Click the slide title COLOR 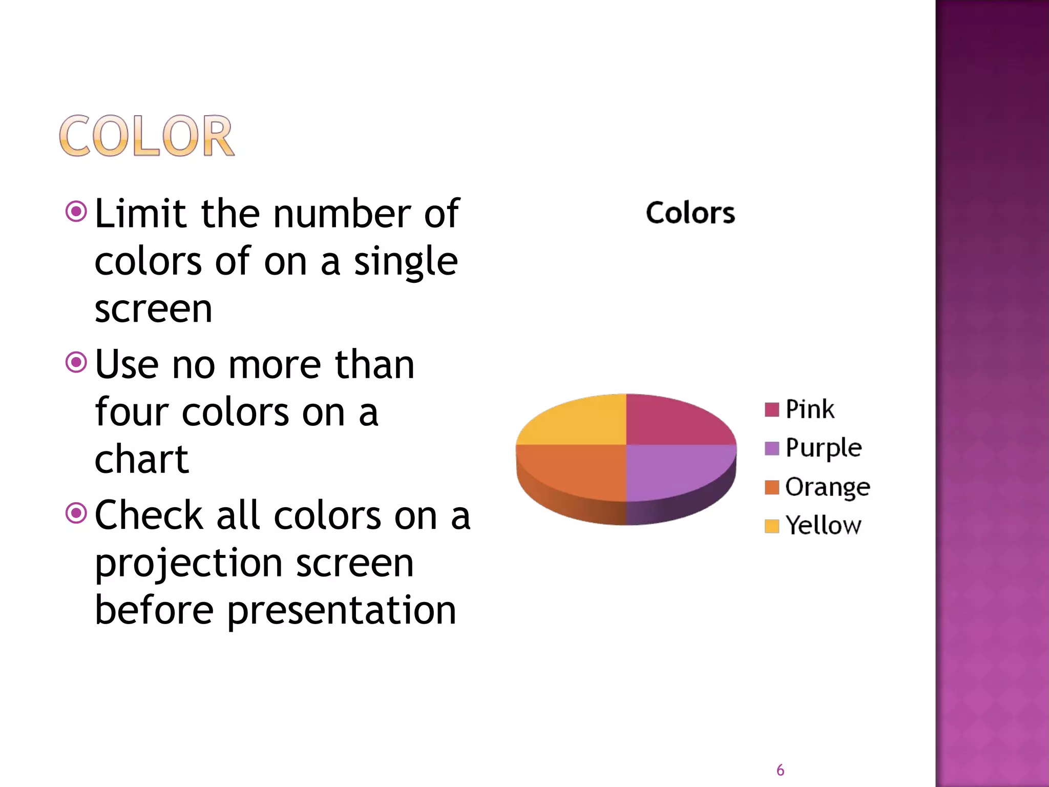coord(146,136)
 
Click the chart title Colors coord(690,213)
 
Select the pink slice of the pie coord(671,423)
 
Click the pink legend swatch coord(771,410)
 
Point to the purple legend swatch coord(771,448)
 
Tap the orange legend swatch coord(771,487)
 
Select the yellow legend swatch coord(771,526)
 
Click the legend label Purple coord(824,448)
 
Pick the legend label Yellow coord(824,526)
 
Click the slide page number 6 coord(780,770)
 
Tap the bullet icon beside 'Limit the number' coord(76,212)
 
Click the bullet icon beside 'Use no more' coord(76,363)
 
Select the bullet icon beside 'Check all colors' coord(76,513)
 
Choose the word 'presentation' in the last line coord(341,611)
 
